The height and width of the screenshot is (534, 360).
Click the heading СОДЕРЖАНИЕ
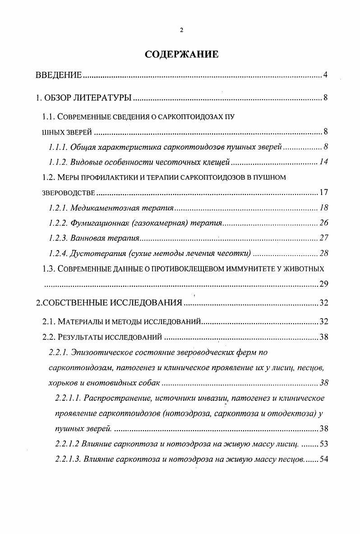click(x=181, y=54)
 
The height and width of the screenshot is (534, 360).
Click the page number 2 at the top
click(x=181, y=30)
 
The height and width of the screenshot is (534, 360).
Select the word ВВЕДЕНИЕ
click(x=59, y=74)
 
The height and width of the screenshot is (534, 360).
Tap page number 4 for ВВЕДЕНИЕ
click(x=325, y=74)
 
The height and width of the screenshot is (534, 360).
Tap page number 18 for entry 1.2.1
click(x=323, y=208)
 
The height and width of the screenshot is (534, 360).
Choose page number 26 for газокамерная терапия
click(x=323, y=223)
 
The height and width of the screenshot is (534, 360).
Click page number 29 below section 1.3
click(x=323, y=284)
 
